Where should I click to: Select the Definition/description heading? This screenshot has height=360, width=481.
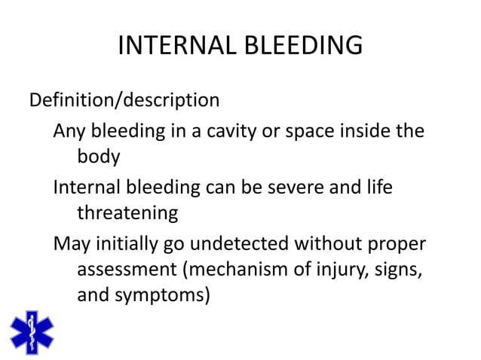tap(124, 100)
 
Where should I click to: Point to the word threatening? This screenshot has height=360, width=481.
tap(127, 213)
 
